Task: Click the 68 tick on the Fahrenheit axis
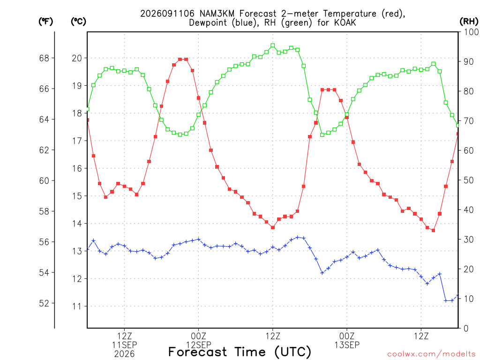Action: [44, 58]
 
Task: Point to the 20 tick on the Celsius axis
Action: [77, 58]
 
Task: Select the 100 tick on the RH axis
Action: [471, 32]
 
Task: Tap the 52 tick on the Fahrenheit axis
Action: [44, 303]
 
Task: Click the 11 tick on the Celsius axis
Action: [77, 307]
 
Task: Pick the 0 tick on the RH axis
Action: [466, 329]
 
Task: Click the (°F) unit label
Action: [45, 22]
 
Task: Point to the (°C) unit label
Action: [78, 22]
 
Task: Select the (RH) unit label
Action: [469, 22]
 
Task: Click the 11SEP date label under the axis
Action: [124, 345]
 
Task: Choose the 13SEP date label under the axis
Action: [347, 345]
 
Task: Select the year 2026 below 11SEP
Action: [124, 354]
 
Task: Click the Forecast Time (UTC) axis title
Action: [240, 352]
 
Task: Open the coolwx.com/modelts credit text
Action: [431, 354]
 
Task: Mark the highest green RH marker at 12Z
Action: [273, 45]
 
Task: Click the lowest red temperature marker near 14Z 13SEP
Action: [433, 230]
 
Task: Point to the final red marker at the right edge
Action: [457, 134]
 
